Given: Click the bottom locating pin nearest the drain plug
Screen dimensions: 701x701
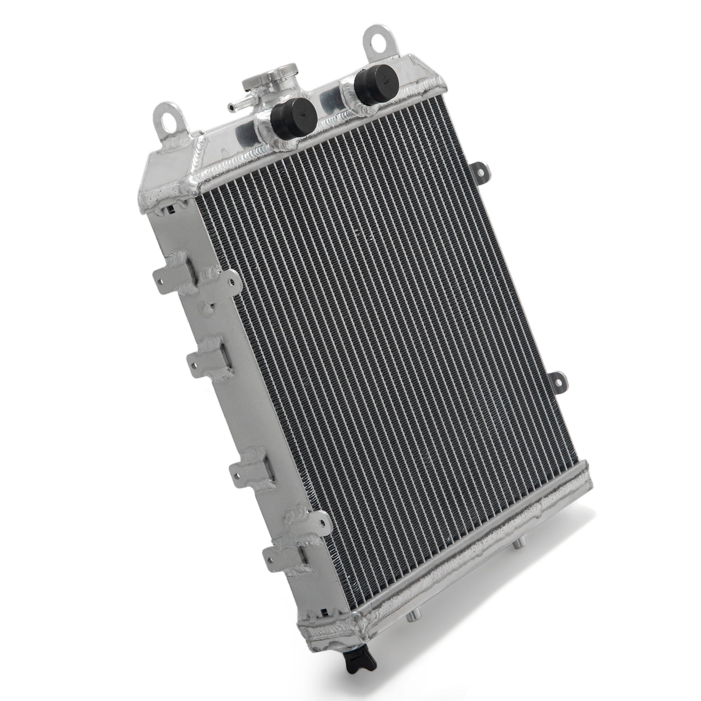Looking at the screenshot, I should [412, 642].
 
